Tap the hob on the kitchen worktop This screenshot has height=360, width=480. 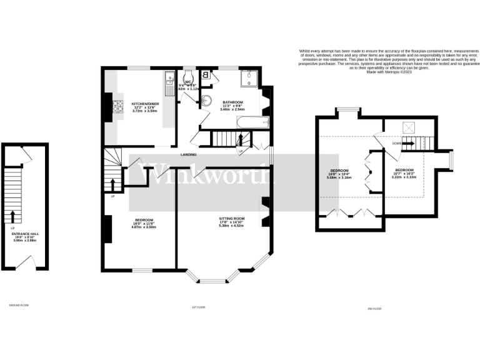(117, 109)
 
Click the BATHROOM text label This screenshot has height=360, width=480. (233, 102)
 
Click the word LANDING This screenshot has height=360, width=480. (189, 154)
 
